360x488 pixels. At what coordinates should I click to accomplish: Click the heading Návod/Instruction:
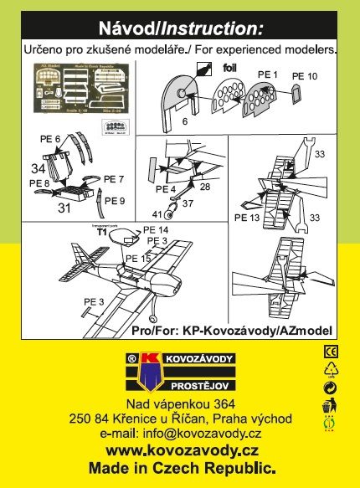pos(180,28)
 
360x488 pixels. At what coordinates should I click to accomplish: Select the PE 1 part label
pos(267,75)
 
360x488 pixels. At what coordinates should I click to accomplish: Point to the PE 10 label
pos(304,77)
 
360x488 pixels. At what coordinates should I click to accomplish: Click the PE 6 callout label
pos(51,138)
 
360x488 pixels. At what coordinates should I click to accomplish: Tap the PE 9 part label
pos(115,201)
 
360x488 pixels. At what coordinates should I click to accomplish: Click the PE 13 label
pos(249,218)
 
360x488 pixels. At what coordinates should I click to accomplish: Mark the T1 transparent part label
pos(101,234)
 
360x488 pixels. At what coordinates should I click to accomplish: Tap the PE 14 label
pos(155,229)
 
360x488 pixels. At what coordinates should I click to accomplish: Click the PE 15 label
pos(140,259)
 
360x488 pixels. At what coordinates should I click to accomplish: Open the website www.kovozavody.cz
pos(181,428)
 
